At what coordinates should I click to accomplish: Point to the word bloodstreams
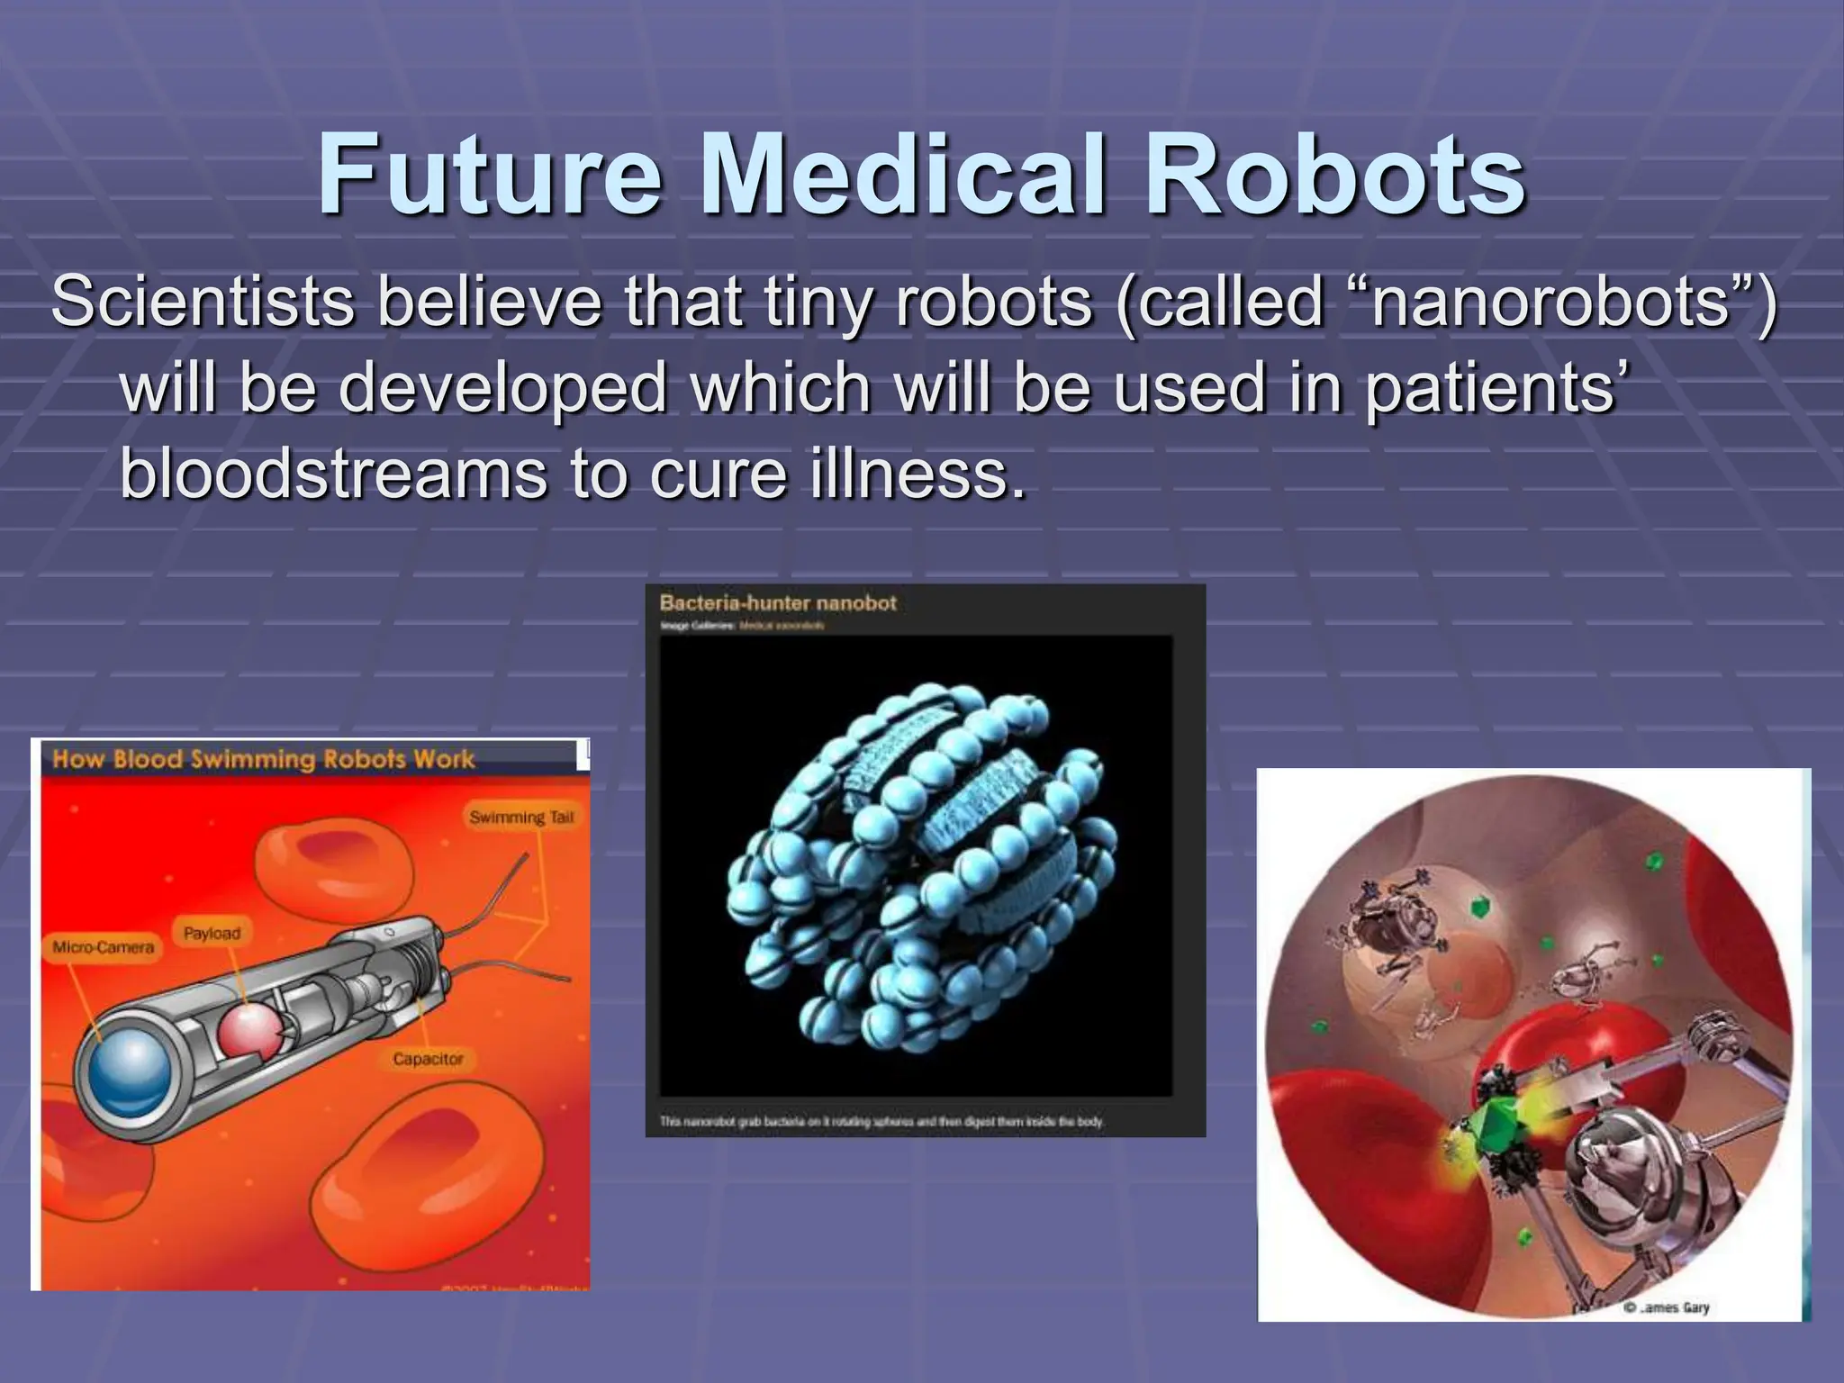point(332,474)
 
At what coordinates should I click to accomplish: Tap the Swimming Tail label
point(520,818)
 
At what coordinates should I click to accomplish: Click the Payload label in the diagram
point(212,933)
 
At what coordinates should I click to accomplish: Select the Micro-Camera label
point(104,947)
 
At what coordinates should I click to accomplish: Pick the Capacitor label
point(428,1059)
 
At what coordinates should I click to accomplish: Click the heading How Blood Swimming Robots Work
point(263,759)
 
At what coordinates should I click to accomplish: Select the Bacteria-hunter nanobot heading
point(778,603)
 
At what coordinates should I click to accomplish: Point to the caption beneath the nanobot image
point(881,1122)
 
